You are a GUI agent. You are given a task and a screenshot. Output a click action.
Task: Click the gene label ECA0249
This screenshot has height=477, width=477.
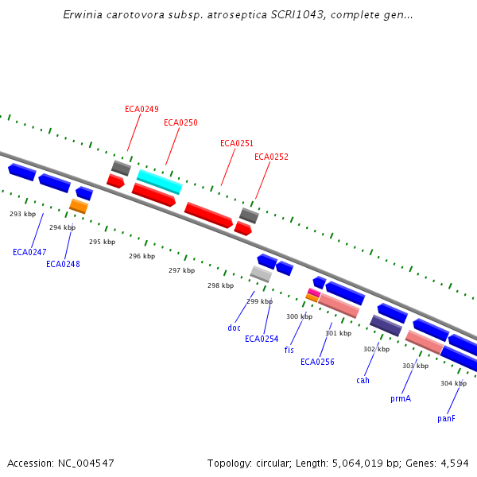click(x=142, y=109)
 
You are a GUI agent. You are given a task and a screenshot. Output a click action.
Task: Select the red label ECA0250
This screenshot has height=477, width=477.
click(x=180, y=122)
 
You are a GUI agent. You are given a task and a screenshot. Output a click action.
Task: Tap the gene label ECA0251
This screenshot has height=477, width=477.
click(x=237, y=143)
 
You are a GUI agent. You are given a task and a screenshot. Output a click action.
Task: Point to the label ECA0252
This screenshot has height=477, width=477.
click(x=271, y=157)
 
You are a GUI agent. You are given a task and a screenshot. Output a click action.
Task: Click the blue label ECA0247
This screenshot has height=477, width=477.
click(x=29, y=252)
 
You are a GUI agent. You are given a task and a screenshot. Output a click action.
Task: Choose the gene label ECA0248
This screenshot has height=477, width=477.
click(x=63, y=264)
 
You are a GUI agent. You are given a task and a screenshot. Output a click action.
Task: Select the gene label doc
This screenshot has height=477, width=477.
click(x=234, y=328)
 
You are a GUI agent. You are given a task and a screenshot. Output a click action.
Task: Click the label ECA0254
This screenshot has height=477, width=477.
click(x=262, y=339)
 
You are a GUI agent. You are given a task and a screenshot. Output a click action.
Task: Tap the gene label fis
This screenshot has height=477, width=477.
click(x=289, y=350)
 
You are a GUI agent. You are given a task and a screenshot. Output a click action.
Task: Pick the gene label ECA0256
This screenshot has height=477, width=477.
click(x=317, y=362)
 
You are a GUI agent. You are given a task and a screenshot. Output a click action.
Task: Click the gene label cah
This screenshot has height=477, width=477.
click(x=363, y=380)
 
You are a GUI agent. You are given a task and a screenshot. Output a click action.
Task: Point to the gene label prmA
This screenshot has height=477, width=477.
click(x=401, y=398)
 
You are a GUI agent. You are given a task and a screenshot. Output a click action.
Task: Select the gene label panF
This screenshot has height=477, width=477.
click(x=446, y=418)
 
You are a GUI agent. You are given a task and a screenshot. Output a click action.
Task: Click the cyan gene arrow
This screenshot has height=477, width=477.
click(x=159, y=181)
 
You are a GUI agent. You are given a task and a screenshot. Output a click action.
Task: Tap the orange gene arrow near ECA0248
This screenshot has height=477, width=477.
click(x=79, y=207)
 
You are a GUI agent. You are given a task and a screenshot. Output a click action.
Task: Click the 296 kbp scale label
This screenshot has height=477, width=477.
click(x=142, y=256)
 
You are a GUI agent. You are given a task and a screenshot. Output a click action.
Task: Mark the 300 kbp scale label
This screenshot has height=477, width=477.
click(x=299, y=316)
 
